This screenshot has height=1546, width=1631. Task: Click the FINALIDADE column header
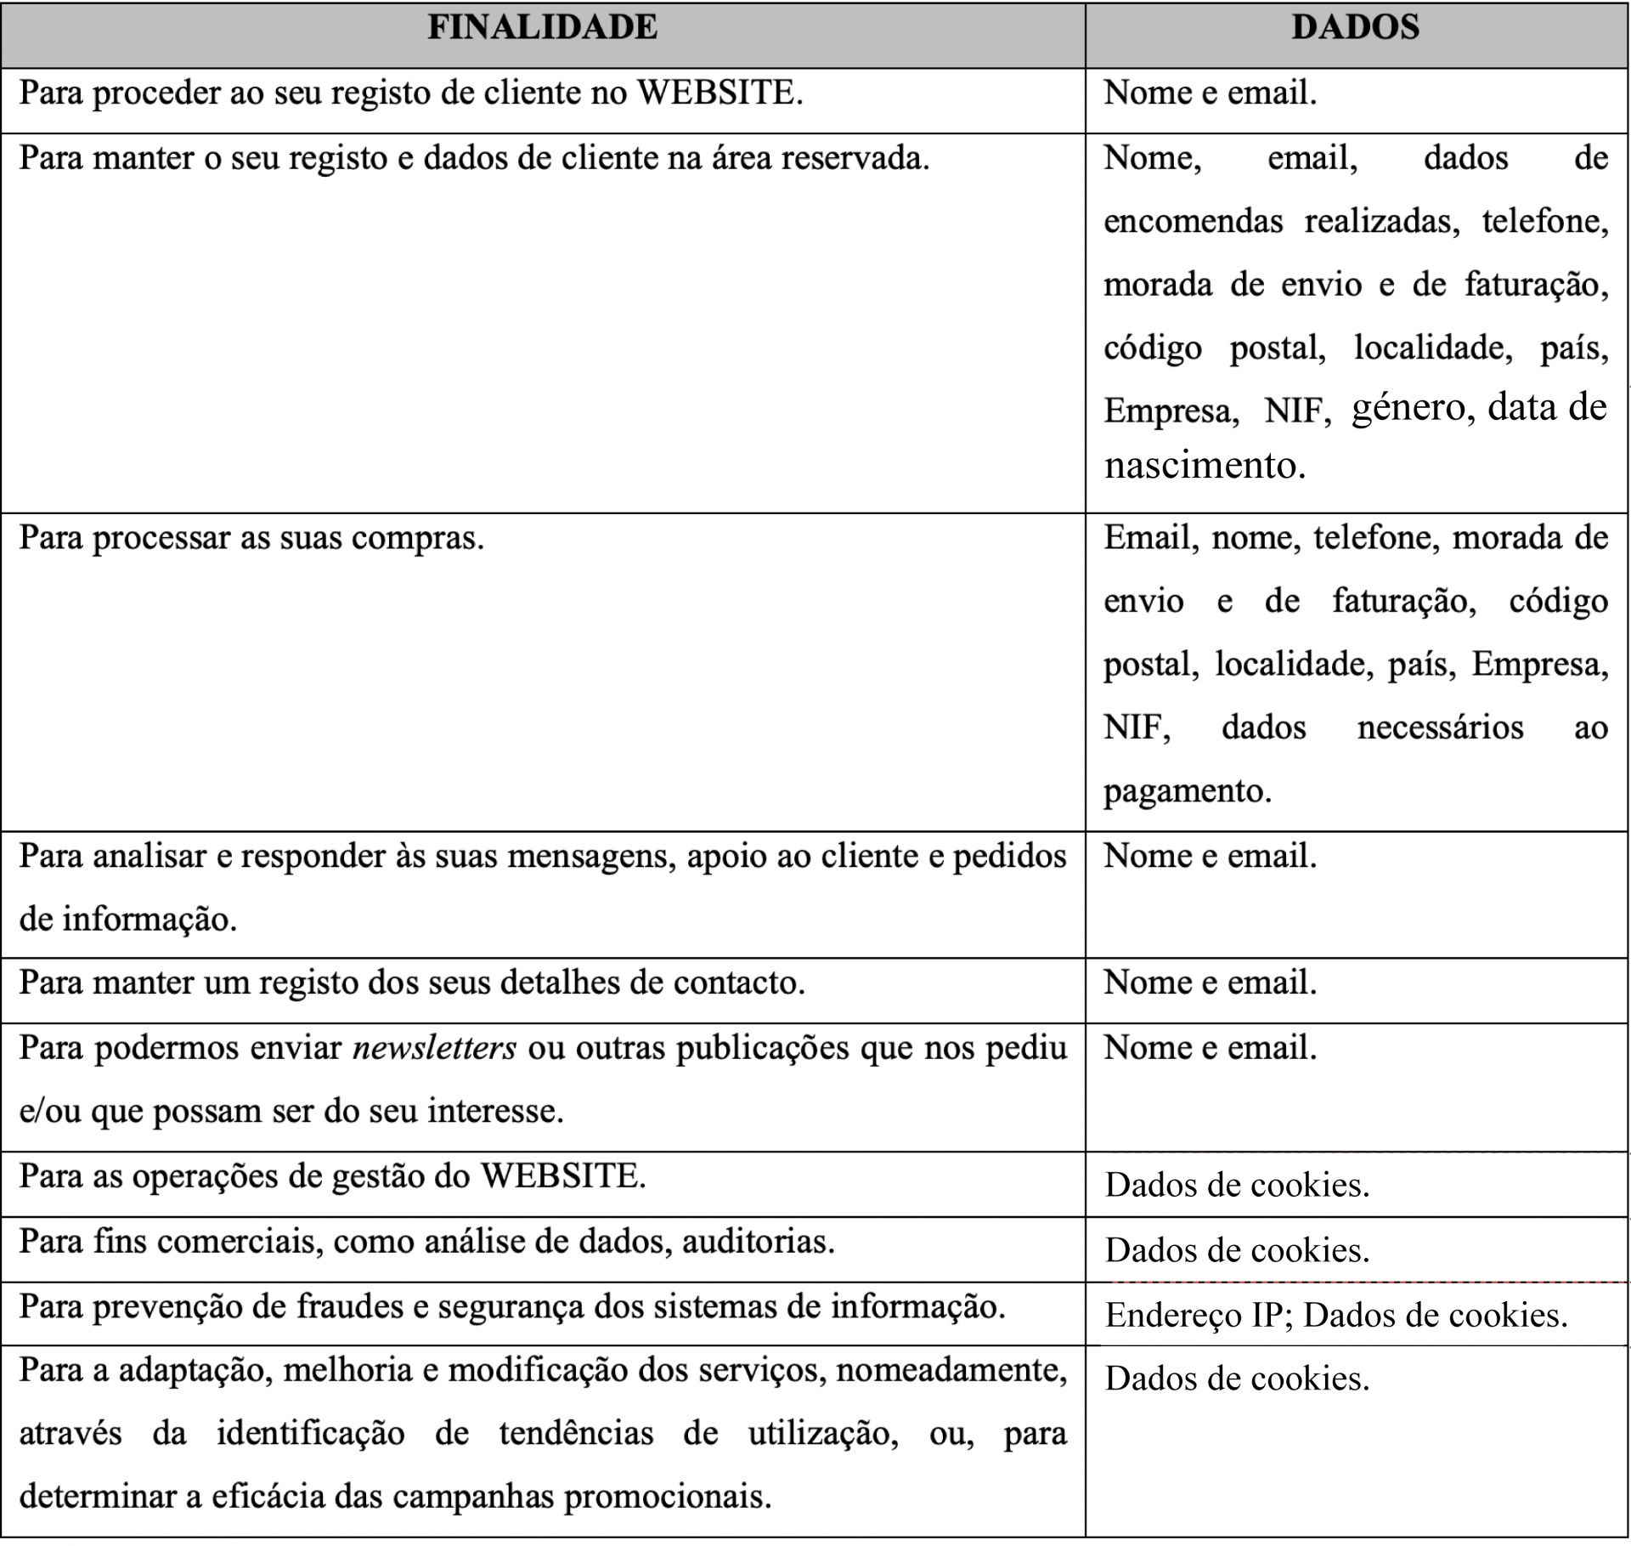(x=542, y=27)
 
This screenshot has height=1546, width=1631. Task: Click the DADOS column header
(x=1356, y=27)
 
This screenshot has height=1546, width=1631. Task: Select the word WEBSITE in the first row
(x=718, y=93)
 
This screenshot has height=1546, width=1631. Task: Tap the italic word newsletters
(x=434, y=1048)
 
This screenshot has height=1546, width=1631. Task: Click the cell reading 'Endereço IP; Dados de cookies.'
(x=1336, y=1315)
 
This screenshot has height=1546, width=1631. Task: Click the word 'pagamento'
(x=1186, y=790)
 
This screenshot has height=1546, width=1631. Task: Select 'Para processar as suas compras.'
(x=251, y=538)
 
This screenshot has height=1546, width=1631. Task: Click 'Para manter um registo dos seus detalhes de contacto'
(x=412, y=983)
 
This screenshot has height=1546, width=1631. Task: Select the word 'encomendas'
(x=1194, y=222)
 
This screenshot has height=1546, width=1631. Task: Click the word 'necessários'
(x=1440, y=728)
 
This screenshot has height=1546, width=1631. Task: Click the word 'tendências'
(x=576, y=1433)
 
